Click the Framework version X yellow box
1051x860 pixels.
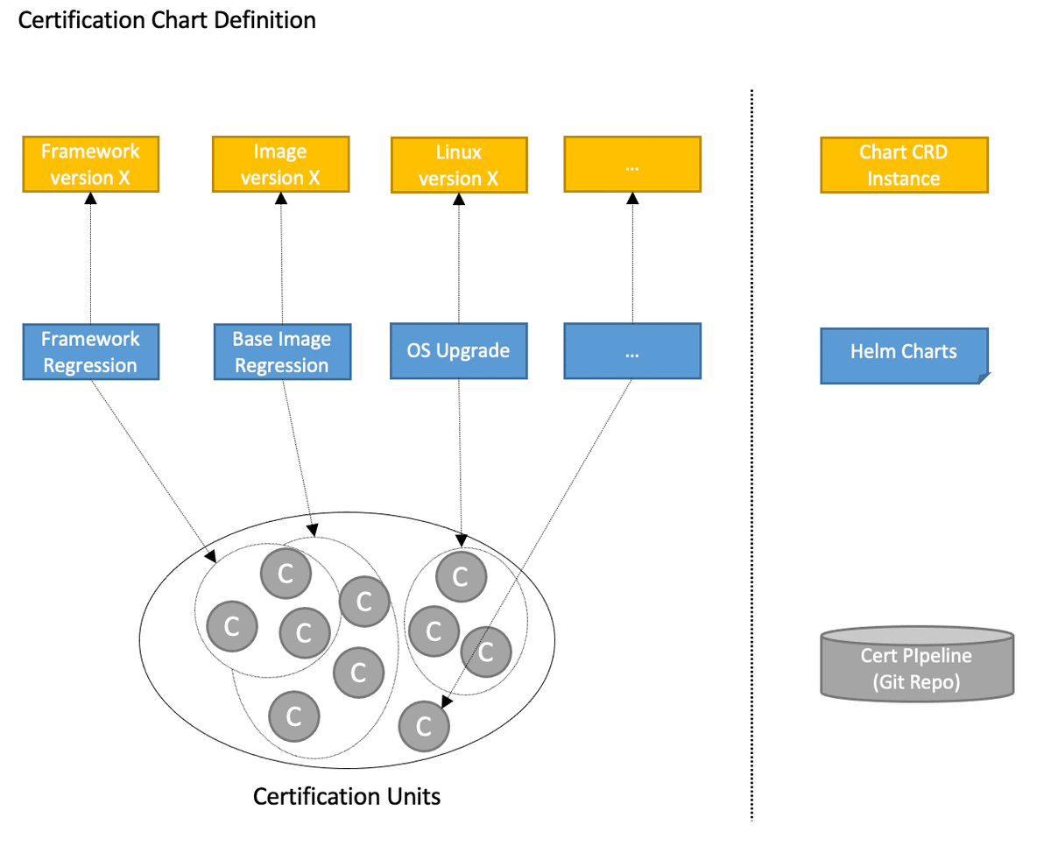click(90, 164)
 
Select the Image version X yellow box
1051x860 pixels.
click(280, 164)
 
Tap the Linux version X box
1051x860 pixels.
click(458, 166)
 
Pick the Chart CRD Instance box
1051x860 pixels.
click(904, 165)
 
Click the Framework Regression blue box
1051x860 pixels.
click(90, 351)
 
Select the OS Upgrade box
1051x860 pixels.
click(458, 351)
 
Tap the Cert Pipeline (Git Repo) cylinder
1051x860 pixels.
click(917, 665)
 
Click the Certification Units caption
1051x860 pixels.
click(346, 797)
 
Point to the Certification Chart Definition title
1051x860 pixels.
click(166, 20)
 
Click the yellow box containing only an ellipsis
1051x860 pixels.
click(631, 164)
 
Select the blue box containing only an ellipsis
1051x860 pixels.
click(631, 351)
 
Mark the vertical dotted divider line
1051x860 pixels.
click(751, 455)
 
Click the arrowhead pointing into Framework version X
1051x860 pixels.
click(90, 198)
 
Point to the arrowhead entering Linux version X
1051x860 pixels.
click(458, 200)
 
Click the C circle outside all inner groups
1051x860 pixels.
click(424, 725)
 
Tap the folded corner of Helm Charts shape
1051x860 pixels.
click(983, 378)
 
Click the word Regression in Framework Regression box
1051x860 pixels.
click(90, 364)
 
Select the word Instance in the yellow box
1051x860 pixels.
click(904, 178)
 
